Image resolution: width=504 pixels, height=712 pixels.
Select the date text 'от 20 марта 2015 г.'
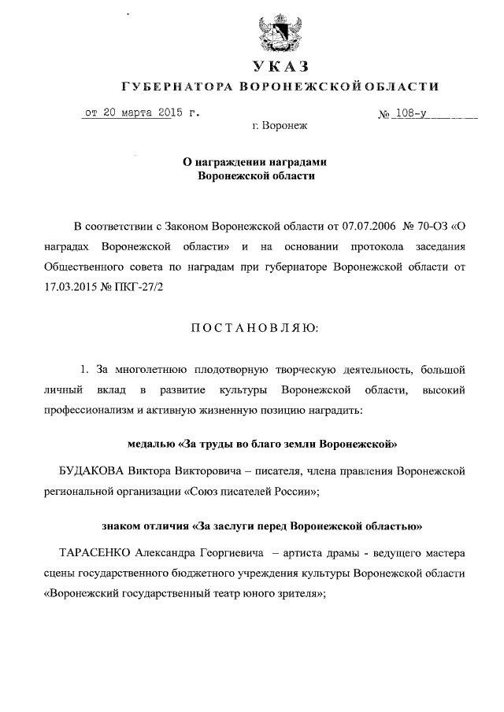point(142,113)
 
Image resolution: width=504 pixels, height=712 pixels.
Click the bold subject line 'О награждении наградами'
point(254,161)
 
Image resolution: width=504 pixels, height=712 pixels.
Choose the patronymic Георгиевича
point(225,553)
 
